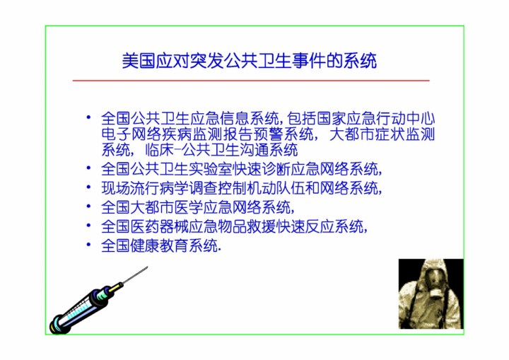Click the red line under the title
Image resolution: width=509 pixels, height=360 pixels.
[251, 80]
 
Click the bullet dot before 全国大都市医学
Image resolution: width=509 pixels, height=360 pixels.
[88, 206]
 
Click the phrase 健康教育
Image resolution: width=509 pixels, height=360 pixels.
[160, 245]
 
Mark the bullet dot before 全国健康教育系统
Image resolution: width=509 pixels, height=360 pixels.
[88, 244]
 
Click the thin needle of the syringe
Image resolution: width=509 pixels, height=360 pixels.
[135, 275]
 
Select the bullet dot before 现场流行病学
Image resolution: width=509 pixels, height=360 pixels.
[88, 187]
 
